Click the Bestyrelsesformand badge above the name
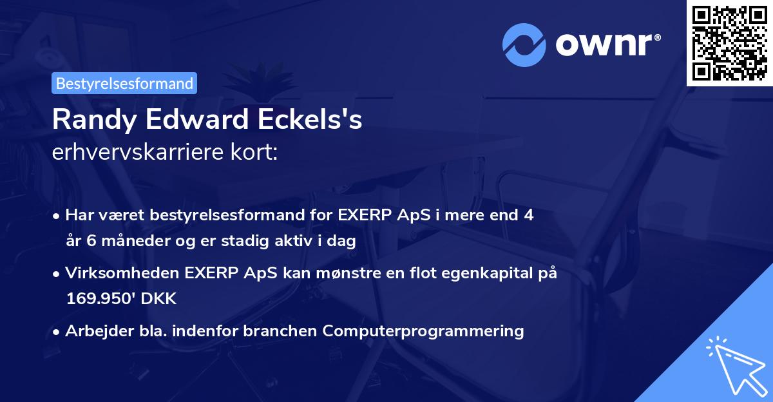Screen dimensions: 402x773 (x=124, y=83)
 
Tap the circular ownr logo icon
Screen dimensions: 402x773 (x=524, y=45)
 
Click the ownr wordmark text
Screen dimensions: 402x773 (x=607, y=45)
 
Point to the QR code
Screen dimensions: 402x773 (x=729, y=43)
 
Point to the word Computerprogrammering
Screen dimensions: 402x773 (x=423, y=331)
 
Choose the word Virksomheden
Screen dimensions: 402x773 (x=113, y=273)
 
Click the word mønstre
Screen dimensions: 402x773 (x=362, y=273)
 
